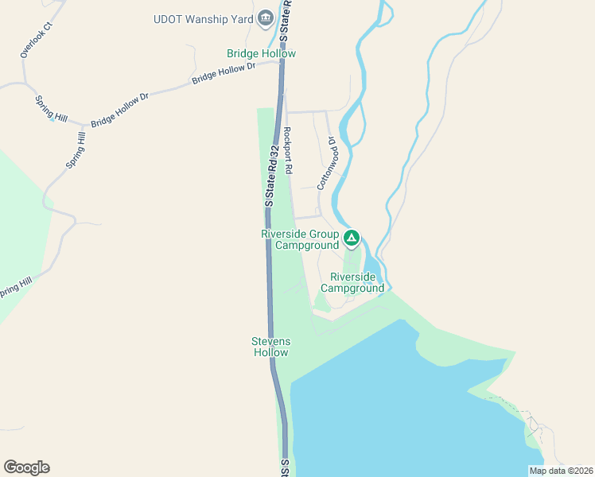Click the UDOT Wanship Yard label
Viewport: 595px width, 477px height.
(x=203, y=18)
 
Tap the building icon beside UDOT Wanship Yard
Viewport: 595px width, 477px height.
(x=266, y=17)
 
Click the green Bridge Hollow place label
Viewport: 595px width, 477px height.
(x=261, y=53)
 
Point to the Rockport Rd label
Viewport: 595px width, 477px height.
(x=289, y=150)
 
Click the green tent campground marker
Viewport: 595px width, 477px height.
(x=352, y=237)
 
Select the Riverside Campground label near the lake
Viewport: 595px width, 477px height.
(x=357, y=282)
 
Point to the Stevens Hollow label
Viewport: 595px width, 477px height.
(x=270, y=347)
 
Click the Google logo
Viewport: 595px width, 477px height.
(x=26, y=467)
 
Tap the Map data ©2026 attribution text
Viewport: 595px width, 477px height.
(x=562, y=471)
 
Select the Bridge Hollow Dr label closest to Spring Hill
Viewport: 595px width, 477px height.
(x=120, y=111)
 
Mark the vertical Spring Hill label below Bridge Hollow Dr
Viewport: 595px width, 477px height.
(x=74, y=150)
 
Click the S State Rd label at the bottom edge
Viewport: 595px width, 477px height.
(x=285, y=467)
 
